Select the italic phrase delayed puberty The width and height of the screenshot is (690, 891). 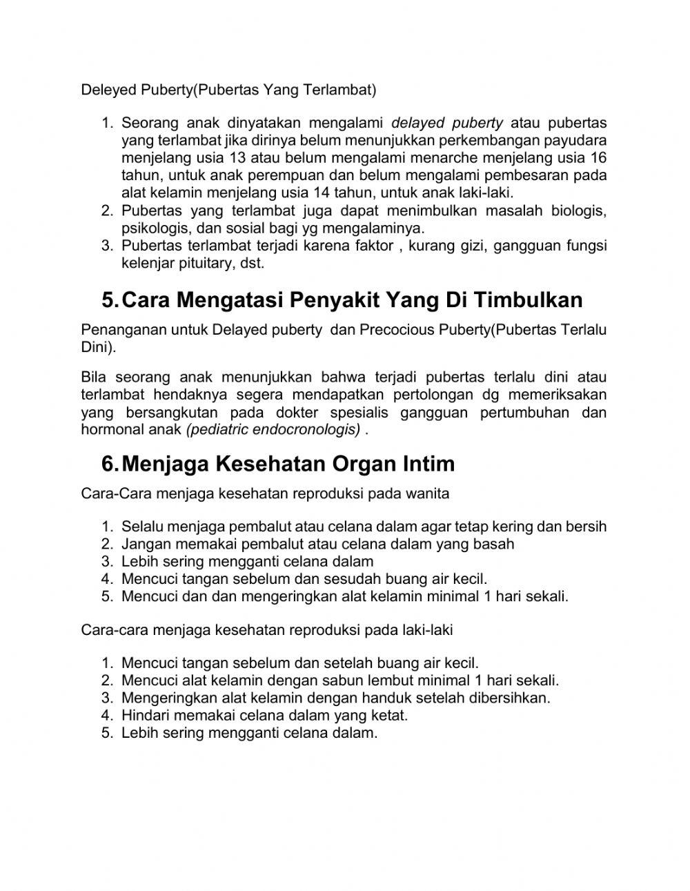point(447,124)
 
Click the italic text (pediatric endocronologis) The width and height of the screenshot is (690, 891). point(273,430)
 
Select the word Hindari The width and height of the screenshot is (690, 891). point(146,715)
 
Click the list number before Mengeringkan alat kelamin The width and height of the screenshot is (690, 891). point(107,698)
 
